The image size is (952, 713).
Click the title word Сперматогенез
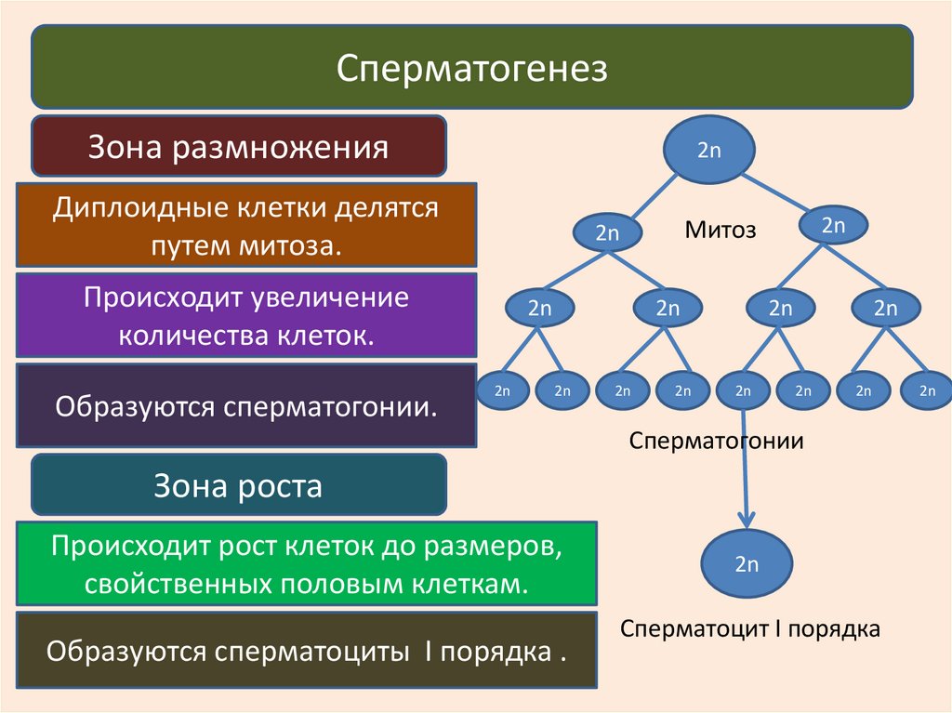click(471, 68)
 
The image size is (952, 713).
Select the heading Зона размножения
click(238, 147)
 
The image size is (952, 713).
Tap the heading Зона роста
click(238, 485)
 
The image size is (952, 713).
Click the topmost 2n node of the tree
click(709, 150)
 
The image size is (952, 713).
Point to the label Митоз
click(721, 230)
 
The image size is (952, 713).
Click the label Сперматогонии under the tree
click(716, 440)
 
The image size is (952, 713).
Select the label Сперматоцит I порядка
click(750, 628)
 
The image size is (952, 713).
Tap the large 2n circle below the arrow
click(747, 563)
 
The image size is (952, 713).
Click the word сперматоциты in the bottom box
click(314, 650)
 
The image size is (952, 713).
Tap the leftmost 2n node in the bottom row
click(503, 391)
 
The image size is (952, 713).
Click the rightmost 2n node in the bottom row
click(927, 391)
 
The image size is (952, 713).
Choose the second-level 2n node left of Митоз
click(606, 233)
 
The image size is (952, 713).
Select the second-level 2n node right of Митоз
click(833, 225)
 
